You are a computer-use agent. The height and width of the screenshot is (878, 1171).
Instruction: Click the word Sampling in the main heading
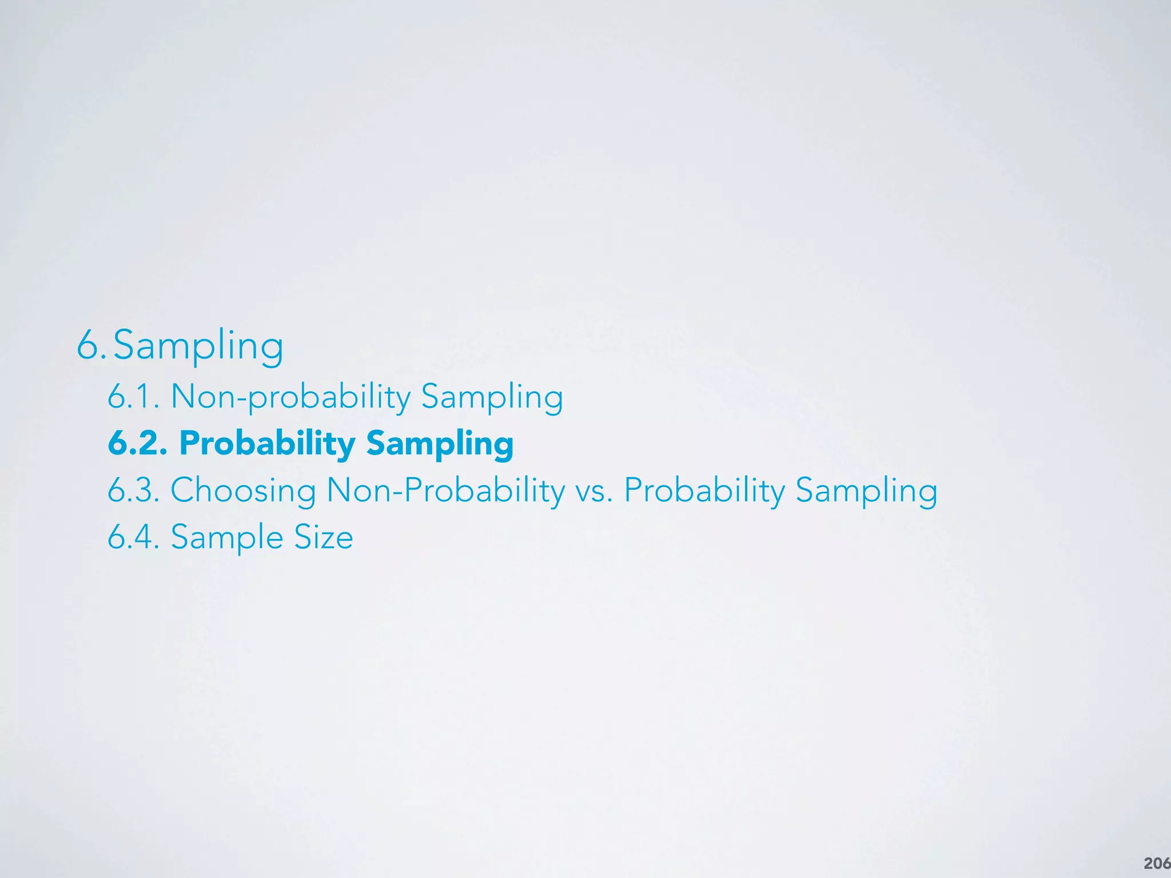[198, 346]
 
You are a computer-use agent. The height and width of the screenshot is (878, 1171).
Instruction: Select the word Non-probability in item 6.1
[290, 397]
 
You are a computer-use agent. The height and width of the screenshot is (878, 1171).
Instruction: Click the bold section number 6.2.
[138, 443]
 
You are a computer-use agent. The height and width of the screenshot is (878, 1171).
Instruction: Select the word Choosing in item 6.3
[243, 491]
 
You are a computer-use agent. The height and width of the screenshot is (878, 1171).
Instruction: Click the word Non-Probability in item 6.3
[445, 491]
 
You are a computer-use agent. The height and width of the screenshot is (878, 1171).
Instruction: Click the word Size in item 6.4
[324, 537]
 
